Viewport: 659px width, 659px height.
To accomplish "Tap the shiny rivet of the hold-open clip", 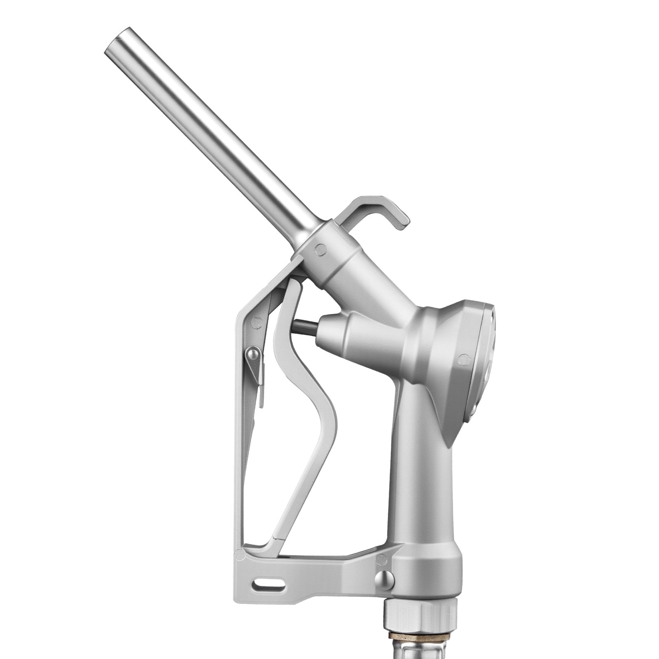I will point(252,353).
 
